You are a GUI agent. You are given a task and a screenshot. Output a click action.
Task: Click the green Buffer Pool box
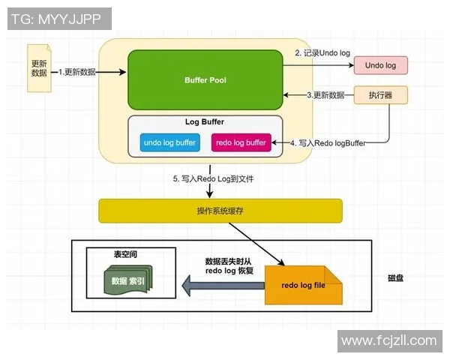205,79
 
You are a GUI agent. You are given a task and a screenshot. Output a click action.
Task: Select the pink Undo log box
380,66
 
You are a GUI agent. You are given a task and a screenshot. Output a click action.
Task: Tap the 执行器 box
380,96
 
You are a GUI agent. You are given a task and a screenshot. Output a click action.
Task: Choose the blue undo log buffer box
169,142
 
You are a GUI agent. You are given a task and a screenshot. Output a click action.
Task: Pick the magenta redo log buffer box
241,142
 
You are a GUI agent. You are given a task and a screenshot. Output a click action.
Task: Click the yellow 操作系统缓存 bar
220,211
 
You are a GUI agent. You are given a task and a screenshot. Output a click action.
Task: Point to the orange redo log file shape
303,286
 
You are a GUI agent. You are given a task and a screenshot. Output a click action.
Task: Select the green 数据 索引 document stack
127,281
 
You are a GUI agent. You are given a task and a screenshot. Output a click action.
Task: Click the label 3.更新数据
326,95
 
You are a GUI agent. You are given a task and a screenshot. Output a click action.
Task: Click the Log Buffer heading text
205,121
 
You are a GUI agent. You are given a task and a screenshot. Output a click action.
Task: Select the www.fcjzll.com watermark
388,340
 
